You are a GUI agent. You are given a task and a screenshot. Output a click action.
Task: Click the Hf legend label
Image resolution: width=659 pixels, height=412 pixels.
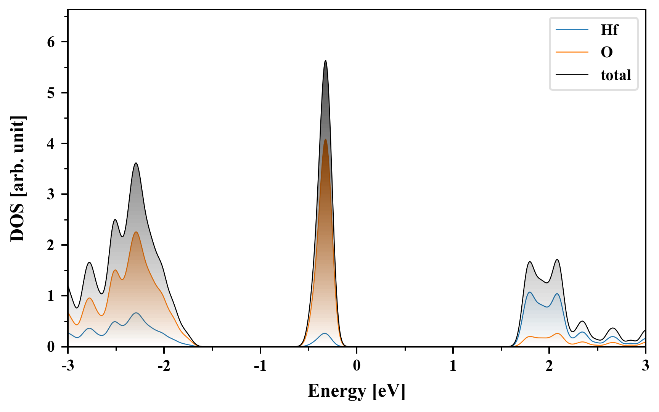click(x=609, y=30)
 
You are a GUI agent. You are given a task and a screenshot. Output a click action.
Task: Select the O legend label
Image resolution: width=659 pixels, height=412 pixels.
click(x=606, y=52)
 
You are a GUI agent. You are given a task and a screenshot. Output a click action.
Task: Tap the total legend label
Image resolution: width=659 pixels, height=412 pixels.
click(x=616, y=75)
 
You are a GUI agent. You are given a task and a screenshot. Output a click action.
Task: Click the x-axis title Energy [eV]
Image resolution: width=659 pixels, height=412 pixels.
click(x=356, y=391)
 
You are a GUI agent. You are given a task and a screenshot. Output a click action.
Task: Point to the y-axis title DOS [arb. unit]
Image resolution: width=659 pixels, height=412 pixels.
click(x=18, y=179)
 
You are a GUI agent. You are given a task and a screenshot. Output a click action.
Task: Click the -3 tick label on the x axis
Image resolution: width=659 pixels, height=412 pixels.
click(x=68, y=365)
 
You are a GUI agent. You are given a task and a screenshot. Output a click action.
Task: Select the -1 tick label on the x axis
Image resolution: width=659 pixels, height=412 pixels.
click(x=260, y=365)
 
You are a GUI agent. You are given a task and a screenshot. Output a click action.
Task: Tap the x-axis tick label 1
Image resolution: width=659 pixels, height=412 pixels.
click(x=453, y=365)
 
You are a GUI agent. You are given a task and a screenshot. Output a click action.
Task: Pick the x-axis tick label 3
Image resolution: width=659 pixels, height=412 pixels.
click(x=645, y=365)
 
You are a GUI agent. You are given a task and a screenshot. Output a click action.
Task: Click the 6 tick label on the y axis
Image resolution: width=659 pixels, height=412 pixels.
click(x=51, y=42)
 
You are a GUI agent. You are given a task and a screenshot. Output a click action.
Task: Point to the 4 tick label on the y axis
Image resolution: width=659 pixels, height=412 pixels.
click(x=51, y=143)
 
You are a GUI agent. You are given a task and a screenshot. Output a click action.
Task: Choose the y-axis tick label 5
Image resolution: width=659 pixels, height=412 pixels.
click(x=51, y=93)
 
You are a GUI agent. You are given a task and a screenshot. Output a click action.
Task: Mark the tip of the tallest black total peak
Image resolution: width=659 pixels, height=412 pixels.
click(x=325, y=61)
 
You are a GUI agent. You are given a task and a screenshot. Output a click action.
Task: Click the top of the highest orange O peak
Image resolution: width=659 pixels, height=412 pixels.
click(x=325, y=139)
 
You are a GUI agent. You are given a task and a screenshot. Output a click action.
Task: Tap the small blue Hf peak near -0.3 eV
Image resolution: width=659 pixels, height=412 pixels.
click(x=325, y=333)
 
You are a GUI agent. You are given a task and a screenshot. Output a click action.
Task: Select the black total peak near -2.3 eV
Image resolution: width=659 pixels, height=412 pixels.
click(x=135, y=163)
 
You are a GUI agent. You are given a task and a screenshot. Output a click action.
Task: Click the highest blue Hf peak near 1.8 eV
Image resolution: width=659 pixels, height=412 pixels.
click(x=530, y=292)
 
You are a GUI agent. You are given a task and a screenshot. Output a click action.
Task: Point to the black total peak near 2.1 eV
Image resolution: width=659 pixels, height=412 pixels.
click(x=557, y=260)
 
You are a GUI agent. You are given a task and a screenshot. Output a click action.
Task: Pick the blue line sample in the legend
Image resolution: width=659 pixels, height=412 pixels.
click(x=572, y=30)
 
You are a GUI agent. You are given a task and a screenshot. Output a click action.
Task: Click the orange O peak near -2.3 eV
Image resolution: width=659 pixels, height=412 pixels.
click(x=135, y=232)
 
